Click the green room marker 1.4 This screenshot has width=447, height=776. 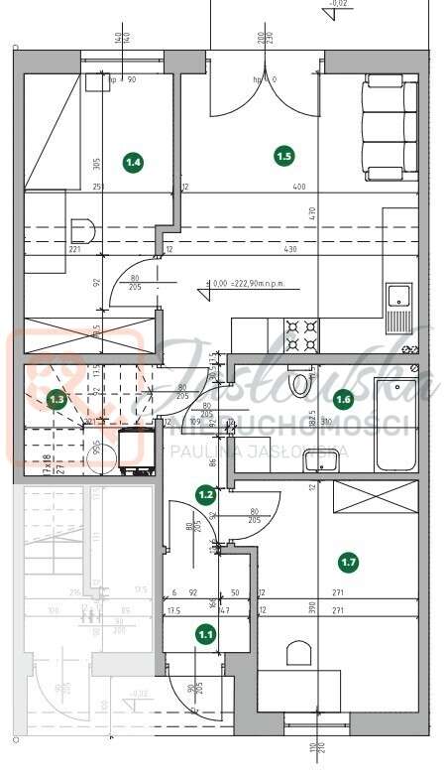[x=133, y=160]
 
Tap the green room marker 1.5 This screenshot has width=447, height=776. [x=284, y=155]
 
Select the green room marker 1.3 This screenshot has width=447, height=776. [x=57, y=400]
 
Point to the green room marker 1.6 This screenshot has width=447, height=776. [x=343, y=400]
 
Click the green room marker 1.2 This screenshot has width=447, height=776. [x=206, y=493]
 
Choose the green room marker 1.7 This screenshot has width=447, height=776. [x=348, y=563]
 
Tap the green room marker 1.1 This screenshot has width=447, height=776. [x=205, y=632]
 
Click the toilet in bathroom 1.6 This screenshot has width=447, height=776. [x=297, y=381]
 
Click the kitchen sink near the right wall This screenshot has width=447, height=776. [x=398, y=298]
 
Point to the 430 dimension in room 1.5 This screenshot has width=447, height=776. [x=289, y=249]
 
